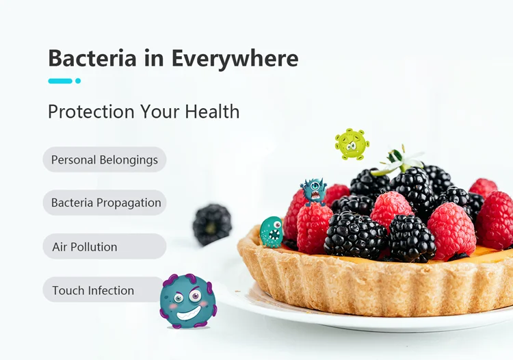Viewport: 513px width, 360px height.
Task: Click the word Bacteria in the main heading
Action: coord(92,58)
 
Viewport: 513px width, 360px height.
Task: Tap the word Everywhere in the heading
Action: coord(235,58)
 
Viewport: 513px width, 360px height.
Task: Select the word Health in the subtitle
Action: coord(212,112)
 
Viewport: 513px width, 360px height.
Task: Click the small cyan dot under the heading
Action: coord(78,81)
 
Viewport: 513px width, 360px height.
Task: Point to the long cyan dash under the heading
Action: coord(60,81)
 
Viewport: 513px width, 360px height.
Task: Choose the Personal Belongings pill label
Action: coord(105,159)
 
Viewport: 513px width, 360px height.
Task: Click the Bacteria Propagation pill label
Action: coord(105,203)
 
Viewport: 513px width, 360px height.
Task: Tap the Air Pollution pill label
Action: coord(105,246)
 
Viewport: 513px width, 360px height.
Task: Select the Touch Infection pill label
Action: coord(103,290)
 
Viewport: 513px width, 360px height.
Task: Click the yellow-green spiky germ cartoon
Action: coord(352,144)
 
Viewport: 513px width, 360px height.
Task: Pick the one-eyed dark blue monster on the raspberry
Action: coord(313,192)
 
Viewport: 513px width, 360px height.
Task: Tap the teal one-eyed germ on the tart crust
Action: coord(272,232)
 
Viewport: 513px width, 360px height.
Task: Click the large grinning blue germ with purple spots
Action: coord(188,301)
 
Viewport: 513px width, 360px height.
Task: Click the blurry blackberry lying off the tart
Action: coord(212,224)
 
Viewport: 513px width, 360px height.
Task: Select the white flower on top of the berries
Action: coord(399,162)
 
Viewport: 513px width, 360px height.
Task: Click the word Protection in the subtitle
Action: coord(91,112)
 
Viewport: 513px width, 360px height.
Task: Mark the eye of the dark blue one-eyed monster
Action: coord(315,186)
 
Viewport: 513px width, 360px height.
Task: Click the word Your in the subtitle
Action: coord(159,112)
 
